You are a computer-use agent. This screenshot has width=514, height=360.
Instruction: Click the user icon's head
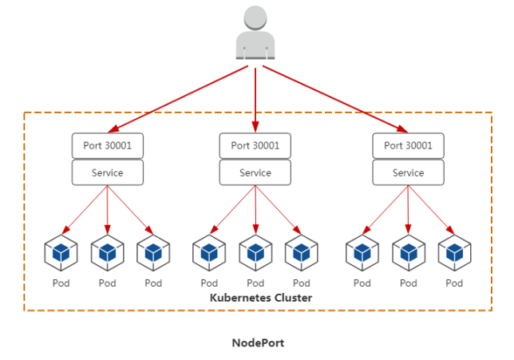point(255,20)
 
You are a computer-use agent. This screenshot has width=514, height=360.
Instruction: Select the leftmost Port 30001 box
point(107,146)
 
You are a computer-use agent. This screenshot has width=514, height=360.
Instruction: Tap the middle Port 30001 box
point(255,146)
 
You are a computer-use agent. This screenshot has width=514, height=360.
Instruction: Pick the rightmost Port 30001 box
point(409,146)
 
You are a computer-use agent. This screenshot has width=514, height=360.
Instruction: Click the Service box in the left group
point(107,172)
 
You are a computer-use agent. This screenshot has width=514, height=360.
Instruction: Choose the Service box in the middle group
point(255,172)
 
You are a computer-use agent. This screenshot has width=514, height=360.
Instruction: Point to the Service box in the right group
point(409,172)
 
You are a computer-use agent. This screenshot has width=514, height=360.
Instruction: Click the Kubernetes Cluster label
point(260,298)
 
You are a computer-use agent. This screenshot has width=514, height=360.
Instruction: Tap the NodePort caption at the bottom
point(258,343)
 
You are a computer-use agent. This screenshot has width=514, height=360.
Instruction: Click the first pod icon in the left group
point(61,253)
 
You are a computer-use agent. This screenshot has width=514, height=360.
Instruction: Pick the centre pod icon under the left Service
point(107,253)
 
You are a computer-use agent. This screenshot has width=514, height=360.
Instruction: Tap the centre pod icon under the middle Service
point(255,253)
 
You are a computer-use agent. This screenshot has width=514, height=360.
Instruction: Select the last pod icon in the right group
point(455,253)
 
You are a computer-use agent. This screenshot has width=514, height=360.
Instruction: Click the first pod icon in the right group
point(362,253)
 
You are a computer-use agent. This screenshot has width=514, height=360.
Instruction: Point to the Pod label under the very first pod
point(61,283)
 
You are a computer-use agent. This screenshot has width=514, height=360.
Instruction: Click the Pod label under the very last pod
point(455,283)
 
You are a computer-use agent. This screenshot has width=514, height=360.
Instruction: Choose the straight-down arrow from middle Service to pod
point(255,209)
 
